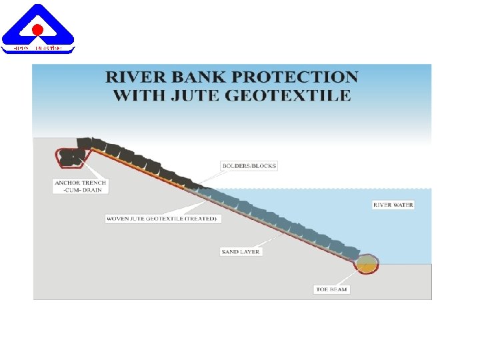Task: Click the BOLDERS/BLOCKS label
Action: click(249, 165)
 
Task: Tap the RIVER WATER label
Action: click(393, 205)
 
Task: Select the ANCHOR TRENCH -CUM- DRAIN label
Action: click(80, 186)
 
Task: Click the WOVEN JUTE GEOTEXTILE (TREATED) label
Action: click(162, 219)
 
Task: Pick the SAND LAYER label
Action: click(241, 251)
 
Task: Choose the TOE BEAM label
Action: click(332, 289)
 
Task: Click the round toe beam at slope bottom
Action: click(366, 265)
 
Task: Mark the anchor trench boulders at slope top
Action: click(71, 157)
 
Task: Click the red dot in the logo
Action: click(38, 29)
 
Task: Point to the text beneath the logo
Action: click(38, 49)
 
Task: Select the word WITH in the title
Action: click(141, 95)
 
